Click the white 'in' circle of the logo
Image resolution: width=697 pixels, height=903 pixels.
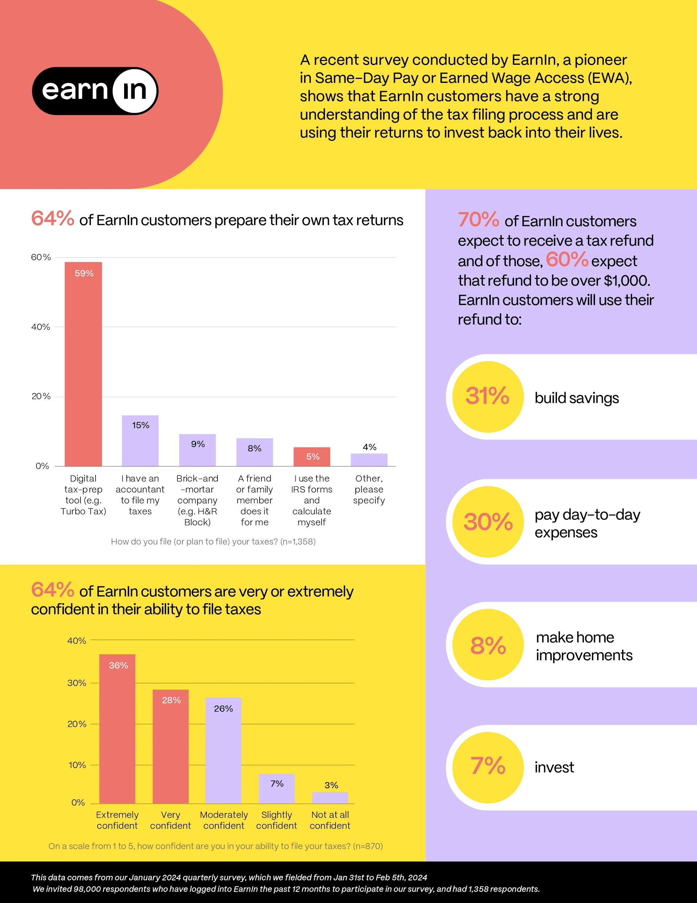click(x=135, y=91)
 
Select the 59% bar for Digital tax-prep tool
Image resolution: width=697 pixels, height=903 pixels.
click(x=83, y=364)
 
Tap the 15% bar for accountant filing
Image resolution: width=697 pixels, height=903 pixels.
click(x=140, y=441)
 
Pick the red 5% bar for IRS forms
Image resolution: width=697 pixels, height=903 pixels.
click(x=311, y=456)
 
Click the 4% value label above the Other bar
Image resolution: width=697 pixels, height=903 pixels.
click(x=369, y=447)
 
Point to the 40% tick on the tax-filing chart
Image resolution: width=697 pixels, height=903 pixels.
click(x=41, y=327)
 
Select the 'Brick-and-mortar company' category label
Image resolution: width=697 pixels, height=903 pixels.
click(x=197, y=500)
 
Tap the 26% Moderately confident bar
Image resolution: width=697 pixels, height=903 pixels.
click(x=223, y=750)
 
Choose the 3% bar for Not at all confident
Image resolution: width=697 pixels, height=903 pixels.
click(x=330, y=798)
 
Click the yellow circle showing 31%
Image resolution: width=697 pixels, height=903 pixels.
click(x=488, y=396)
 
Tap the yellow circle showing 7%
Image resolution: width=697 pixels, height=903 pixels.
click(x=488, y=767)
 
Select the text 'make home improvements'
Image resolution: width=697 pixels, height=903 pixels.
click(x=583, y=646)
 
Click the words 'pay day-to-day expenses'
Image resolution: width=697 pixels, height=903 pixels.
click(x=587, y=523)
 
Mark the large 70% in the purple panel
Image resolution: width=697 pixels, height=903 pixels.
click(x=478, y=219)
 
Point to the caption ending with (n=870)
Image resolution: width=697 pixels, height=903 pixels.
click(x=215, y=846)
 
